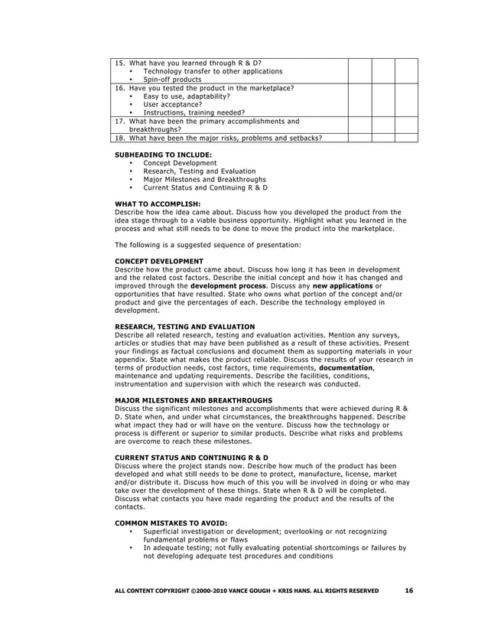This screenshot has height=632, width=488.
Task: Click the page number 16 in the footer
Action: [x=409, y=590]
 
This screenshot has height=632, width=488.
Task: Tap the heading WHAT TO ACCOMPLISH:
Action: [x=157, y=204]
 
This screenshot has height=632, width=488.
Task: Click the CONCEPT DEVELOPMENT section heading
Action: [x=158, y=261]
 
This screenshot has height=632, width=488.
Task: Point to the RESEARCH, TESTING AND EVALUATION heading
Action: [x=184, y=327]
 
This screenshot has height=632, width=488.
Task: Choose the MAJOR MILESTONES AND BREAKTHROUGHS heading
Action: [x=193, y=400]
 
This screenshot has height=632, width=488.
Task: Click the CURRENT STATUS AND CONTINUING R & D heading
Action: [x=191, y=458]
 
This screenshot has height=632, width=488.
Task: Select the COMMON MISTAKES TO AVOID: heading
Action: [x=171, y=523]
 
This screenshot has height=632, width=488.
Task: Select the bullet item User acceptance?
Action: [x=172, y=104]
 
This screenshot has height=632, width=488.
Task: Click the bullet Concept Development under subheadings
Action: [x=180, y=162]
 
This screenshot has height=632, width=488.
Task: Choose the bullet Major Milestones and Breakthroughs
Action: [x=199, y=179]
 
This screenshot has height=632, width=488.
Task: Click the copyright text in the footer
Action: [x=246, y=591]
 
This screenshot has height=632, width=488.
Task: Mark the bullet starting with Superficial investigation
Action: [x=264, y=532]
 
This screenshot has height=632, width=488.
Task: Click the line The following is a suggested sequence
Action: [x=207, y=245]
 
